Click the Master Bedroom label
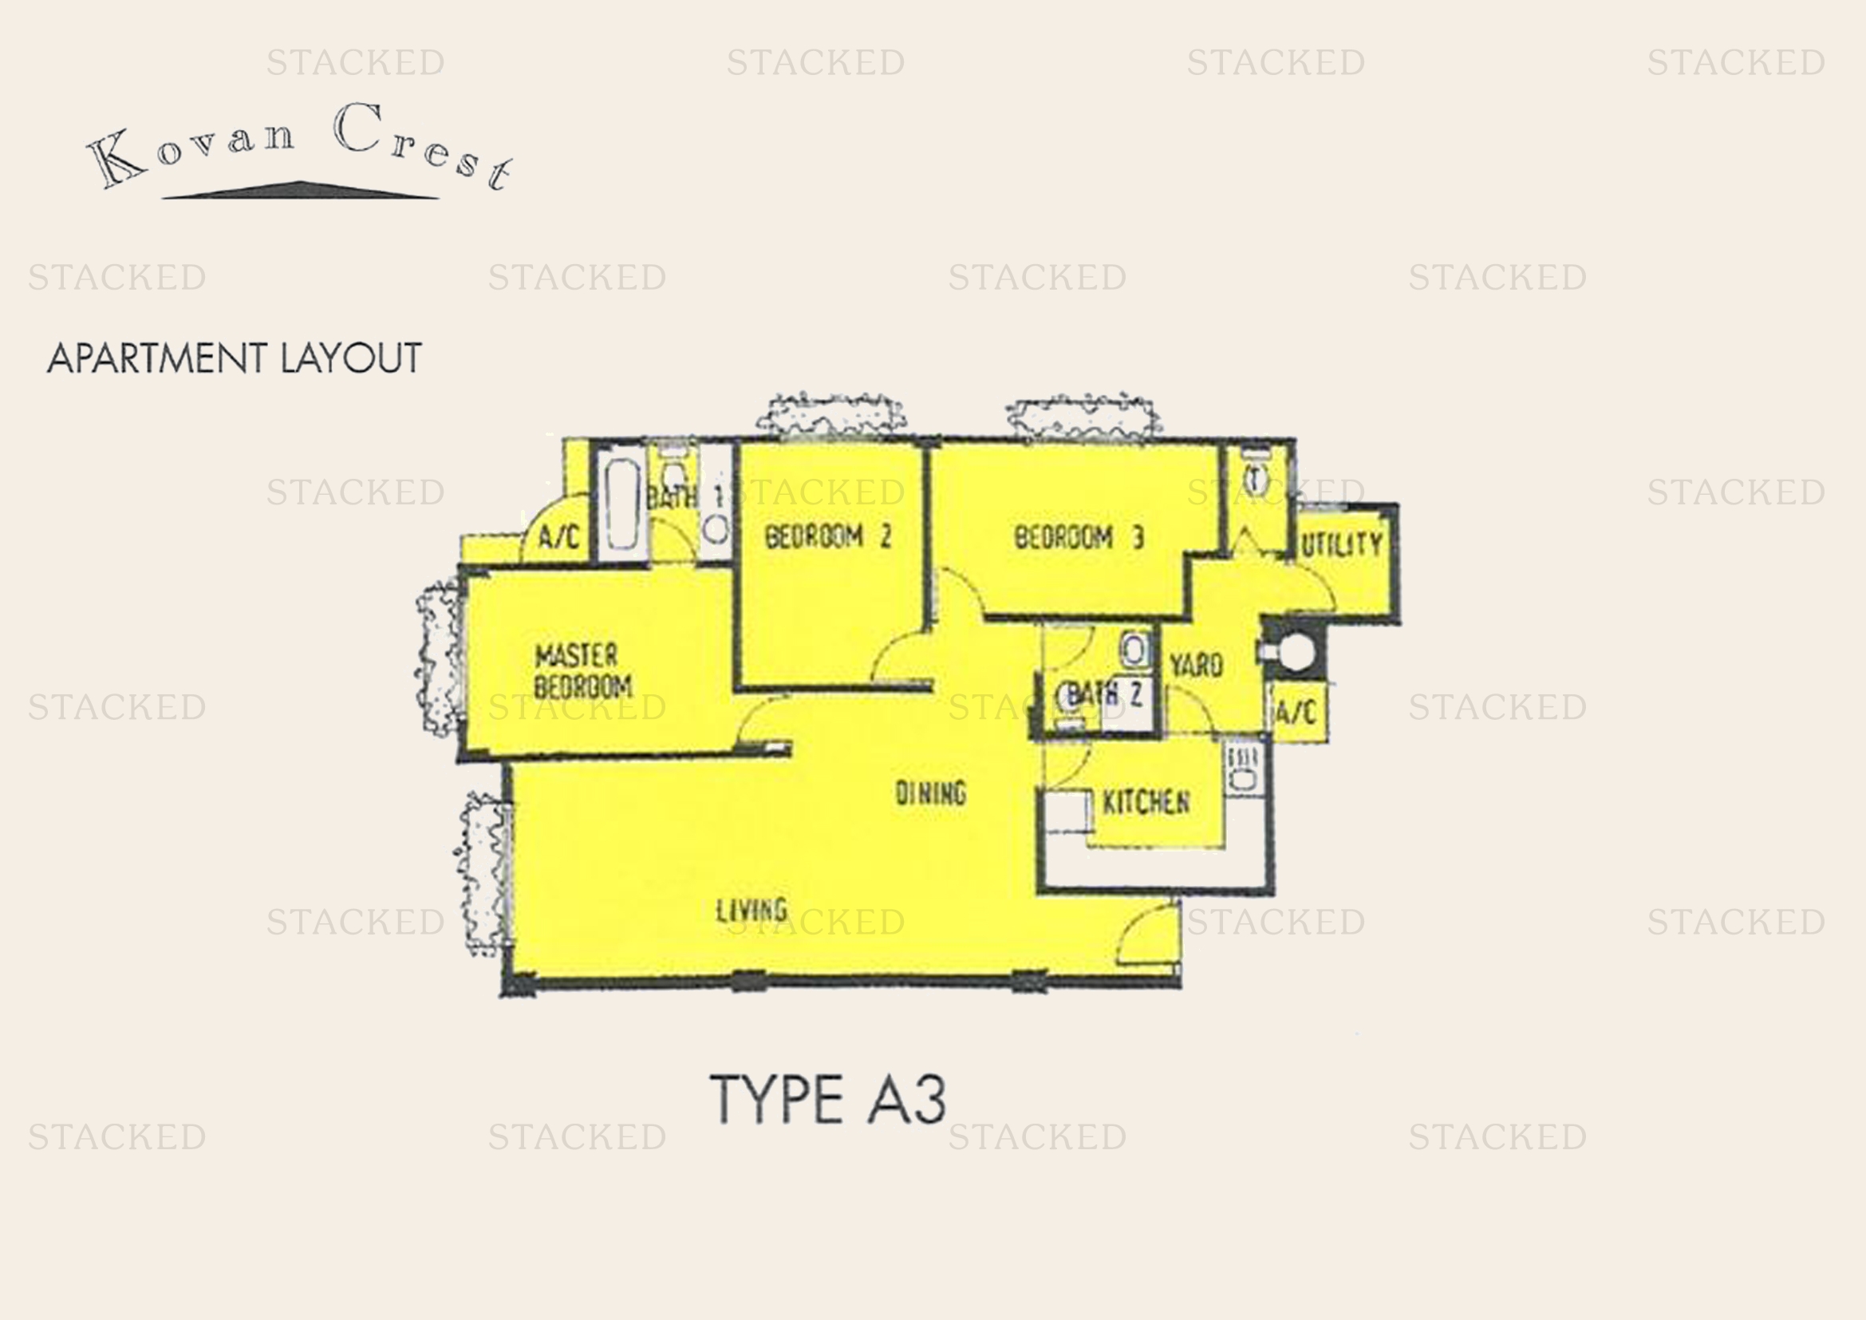(582, 670)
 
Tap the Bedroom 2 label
(827, 536)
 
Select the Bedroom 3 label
(1079, 537)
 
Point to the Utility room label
(1341, 543)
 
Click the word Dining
(930, 792)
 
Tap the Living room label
(751, 910)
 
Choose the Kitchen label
(1145, 802)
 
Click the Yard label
(1196, 666)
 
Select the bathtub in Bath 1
(621, 504)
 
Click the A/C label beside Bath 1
(559, 536)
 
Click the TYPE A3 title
(828, 1099)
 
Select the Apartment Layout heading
(235, 358)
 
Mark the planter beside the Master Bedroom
(438, 658)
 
